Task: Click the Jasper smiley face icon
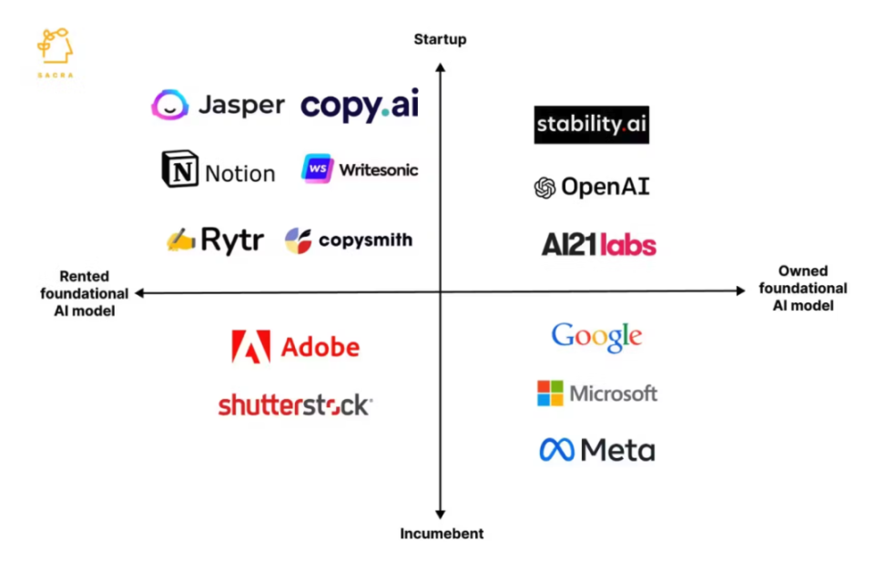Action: click(170, 105)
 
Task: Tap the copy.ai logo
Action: click(360, 105)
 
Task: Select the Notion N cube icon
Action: click(180, 169)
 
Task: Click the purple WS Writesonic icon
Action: click(317, 169)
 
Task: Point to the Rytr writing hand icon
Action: click(180, 240)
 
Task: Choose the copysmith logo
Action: click(349, 240)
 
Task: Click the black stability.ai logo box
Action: click(592, 124)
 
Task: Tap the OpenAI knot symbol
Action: click(544, 188)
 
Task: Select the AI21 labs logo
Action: click(599, 244)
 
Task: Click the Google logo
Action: click(596, 337)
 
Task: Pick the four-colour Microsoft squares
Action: click(550, 393)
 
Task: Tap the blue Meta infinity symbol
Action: click(556, 450)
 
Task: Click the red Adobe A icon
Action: click(251, 346)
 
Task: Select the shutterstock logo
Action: click(295, 404)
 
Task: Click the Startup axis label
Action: click(441, 39)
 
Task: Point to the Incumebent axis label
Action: click(442, 534)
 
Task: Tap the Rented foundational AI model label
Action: click(85, 293)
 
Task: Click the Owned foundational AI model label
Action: click(803, 288)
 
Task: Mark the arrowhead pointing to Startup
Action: click(441, 67)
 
